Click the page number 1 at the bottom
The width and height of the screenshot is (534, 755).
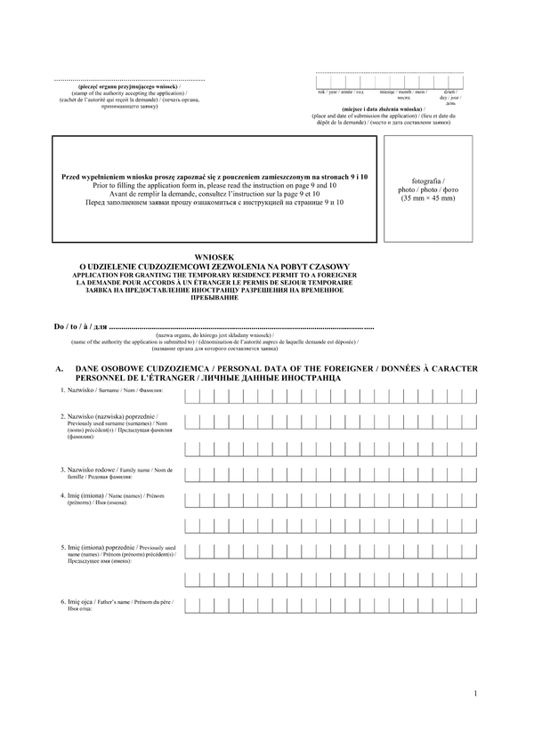[x=476, y=694]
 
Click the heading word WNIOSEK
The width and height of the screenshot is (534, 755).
[x=213, y=256]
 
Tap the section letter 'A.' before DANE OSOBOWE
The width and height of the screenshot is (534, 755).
[x=59, y=368]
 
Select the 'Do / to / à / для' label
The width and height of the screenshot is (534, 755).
[x=79, y=327]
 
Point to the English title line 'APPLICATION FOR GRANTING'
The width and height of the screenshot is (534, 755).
[x=213, y=276]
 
